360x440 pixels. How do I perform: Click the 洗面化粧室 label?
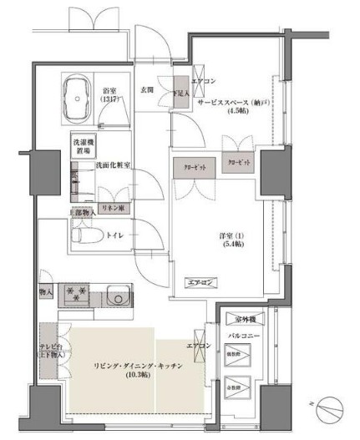[112, 165]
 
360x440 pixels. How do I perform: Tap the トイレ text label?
[114, 236]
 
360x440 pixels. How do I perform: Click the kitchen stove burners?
[78, 295]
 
